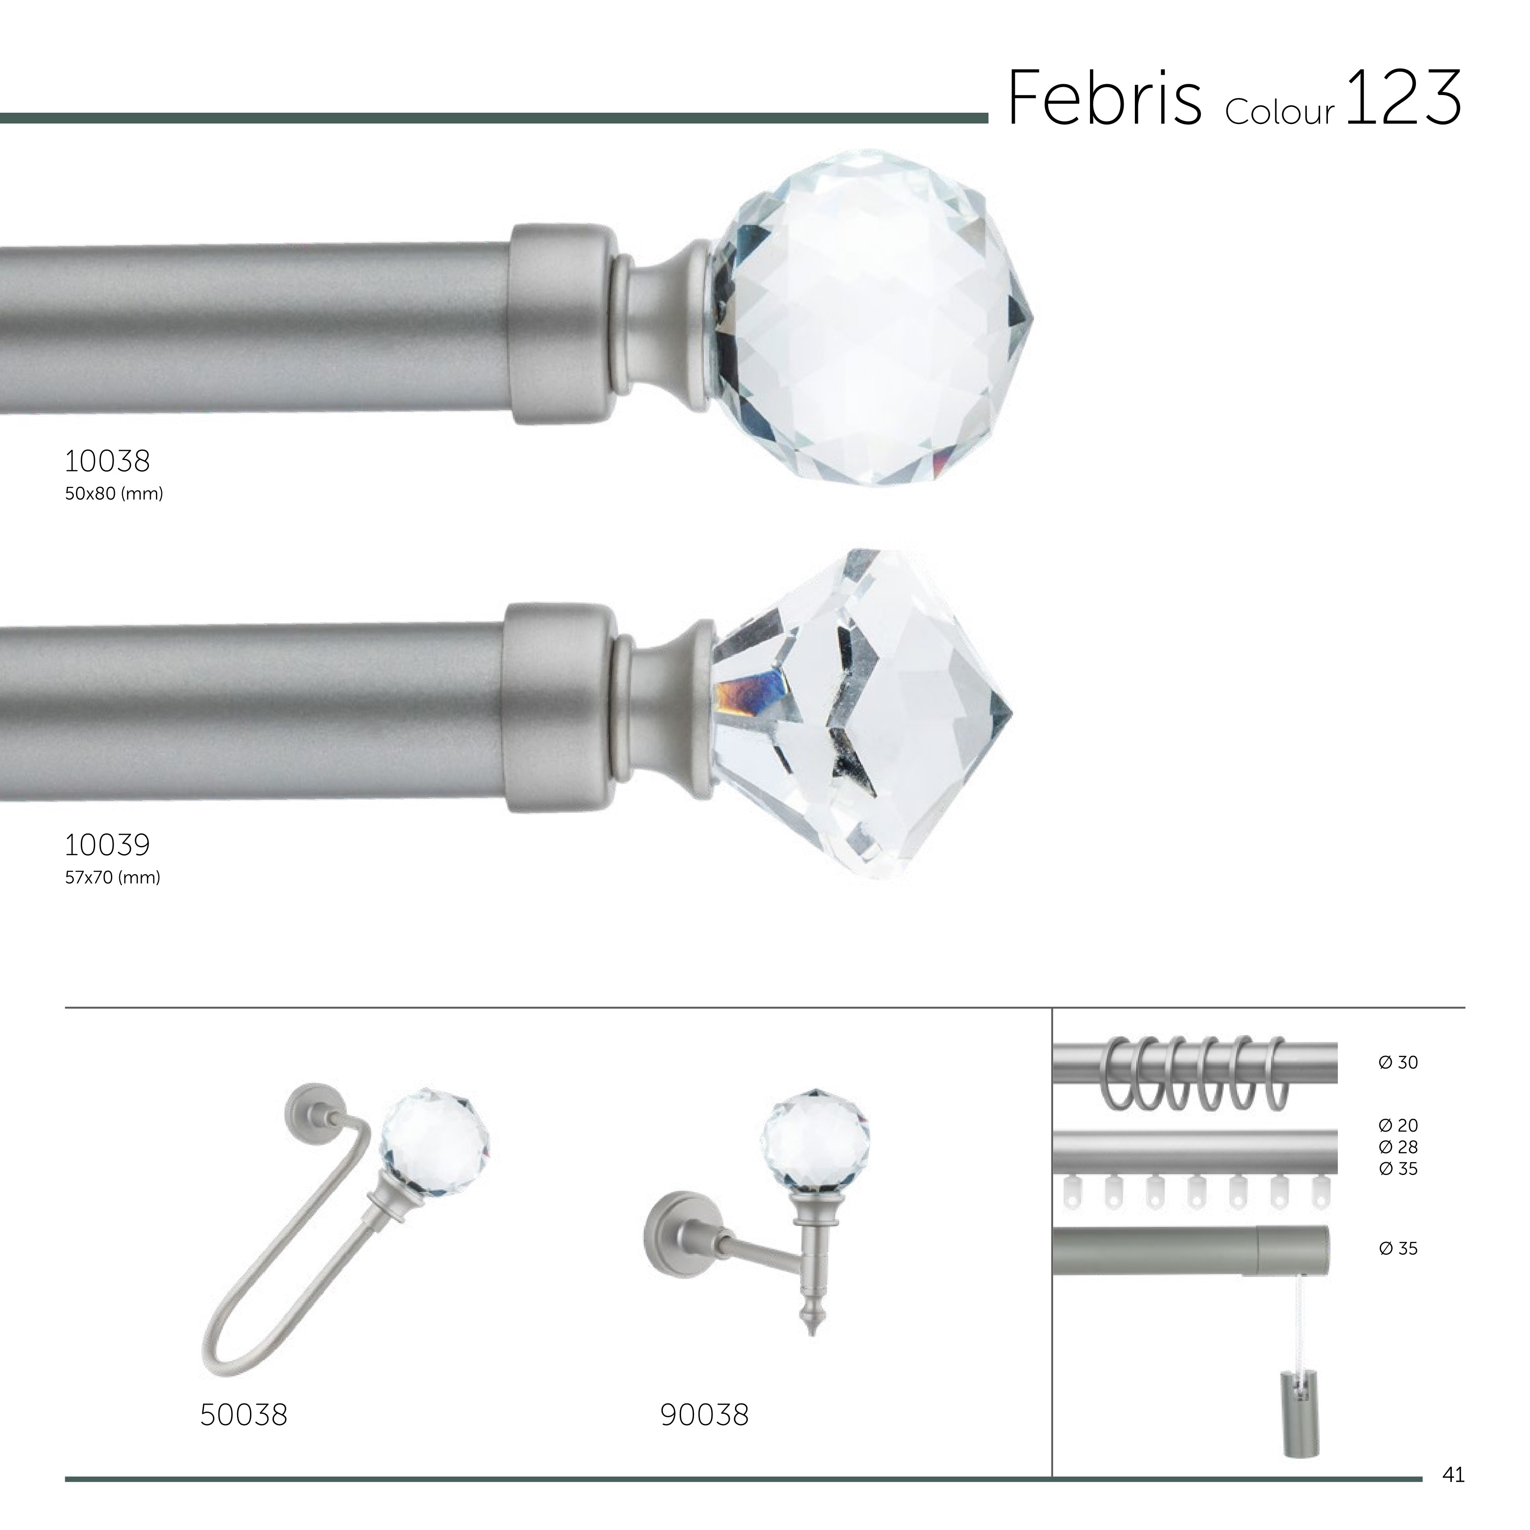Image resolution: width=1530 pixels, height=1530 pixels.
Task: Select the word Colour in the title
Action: tap(1280, 112)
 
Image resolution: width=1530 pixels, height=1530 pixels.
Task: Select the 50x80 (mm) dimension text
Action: tap(114, 494)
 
